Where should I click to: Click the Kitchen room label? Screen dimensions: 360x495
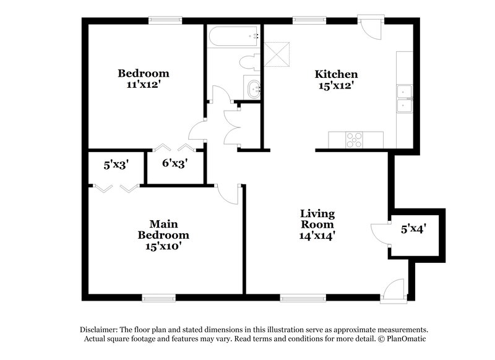337,74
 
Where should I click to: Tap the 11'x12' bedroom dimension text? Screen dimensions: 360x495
144,85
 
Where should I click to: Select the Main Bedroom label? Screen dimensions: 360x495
163,229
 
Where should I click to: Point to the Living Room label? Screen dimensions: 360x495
317,219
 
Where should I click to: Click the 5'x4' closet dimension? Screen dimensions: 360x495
413,229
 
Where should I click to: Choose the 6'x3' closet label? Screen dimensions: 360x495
174,164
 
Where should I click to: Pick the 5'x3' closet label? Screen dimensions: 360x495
116,165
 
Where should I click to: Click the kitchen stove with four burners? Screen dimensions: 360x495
355,140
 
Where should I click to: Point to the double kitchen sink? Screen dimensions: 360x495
405,100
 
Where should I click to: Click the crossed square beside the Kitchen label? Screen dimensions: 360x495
277,53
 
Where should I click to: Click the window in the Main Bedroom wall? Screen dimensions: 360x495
159,298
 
